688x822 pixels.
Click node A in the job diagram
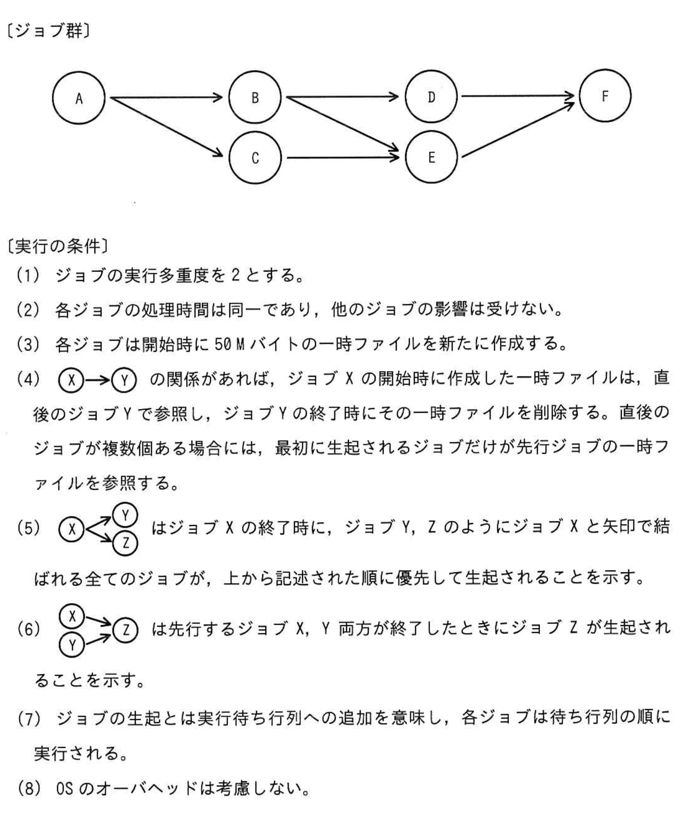coord(79,98)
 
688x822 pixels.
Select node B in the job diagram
coord(255,97)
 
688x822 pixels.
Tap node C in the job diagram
coord(255,158)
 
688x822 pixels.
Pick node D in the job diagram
coord(431,97)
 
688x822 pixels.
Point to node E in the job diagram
coord(431,157)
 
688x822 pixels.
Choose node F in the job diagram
coord(605,95)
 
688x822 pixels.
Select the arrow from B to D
coord(342,97)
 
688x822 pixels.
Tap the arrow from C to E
coord(342,157)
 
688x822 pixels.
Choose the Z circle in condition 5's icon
coord(125,544)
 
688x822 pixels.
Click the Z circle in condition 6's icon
coord(125,630)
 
